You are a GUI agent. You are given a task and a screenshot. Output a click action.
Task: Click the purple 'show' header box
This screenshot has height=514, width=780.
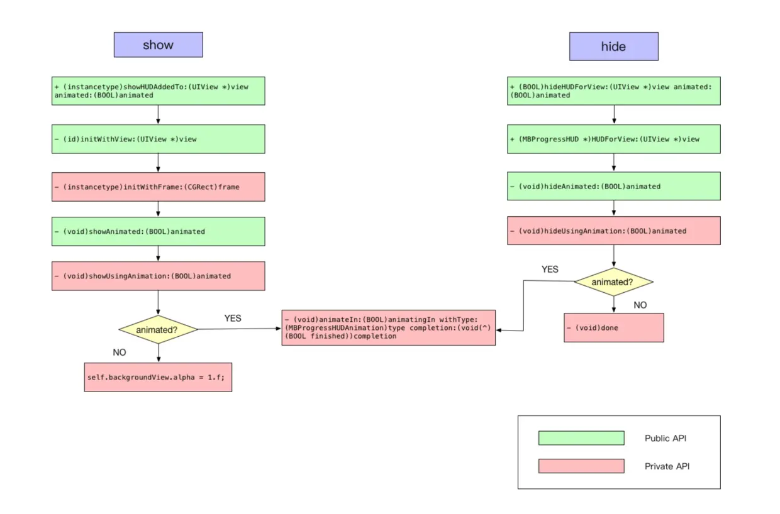pos(158,45)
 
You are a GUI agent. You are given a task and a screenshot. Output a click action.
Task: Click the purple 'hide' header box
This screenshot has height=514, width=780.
pos(613,46)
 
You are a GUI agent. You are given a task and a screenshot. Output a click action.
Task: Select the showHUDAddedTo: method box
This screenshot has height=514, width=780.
pos(158,90)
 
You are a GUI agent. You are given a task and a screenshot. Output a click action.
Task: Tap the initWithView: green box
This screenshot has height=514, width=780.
pos(158,139)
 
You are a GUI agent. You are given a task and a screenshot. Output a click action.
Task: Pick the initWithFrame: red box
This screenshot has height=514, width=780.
pos(158,187)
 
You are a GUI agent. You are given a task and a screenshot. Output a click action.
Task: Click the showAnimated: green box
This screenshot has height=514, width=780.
pos(158,231)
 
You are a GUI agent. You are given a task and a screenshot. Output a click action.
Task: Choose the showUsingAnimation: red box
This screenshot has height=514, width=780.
pos(158,276)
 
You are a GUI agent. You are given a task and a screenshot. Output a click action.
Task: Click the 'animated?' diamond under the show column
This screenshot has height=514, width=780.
pos(158,329)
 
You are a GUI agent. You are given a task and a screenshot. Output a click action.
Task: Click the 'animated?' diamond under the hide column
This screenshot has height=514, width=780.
pos(613,282)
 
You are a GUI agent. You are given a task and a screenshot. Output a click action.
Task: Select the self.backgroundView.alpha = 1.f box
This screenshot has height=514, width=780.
pos(158,377)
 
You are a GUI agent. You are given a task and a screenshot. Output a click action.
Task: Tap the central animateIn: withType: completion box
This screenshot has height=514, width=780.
pos(388,327)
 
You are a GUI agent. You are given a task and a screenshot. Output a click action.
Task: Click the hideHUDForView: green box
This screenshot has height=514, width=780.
pos(613,90)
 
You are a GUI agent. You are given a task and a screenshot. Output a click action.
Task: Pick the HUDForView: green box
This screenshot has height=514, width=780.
pos(613,139)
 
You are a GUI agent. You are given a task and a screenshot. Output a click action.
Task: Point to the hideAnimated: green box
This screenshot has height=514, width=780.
pos(613,186)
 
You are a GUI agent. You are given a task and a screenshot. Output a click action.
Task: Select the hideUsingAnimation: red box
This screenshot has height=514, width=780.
pos(613,231)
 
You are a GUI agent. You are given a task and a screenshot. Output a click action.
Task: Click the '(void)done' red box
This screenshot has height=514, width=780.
pos(613,327)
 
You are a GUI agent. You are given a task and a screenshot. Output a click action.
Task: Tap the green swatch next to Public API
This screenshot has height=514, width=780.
pos(581,438)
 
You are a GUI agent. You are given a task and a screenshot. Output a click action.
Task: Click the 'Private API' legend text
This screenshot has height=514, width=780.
pos(667,466)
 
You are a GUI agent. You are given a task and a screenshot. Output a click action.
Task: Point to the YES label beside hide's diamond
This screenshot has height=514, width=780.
pos(550,269)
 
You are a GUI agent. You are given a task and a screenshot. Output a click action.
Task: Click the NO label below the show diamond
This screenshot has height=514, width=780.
pos(120,353)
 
